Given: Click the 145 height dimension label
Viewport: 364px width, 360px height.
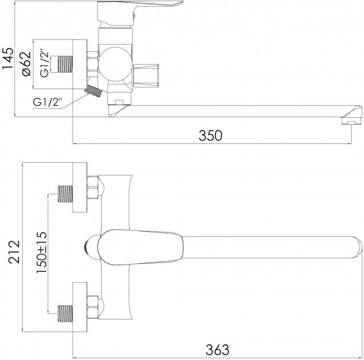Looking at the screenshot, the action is [7, 58].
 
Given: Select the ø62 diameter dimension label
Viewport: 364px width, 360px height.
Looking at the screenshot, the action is [26, 63].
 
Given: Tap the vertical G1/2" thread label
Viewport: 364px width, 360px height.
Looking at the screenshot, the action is [44, 63].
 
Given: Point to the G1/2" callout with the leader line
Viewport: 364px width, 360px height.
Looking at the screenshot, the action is [47, 102].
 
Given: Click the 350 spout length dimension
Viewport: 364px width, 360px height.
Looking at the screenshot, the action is [210, 135].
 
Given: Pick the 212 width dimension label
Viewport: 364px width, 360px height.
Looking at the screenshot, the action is [14, 252].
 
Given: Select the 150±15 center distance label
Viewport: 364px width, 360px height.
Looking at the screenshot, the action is [42, 253].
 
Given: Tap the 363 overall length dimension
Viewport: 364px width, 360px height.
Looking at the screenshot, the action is [217, 350].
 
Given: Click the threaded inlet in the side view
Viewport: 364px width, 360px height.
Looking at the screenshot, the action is [65, 64].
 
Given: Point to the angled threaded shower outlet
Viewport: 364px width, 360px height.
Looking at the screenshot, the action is [93, 91].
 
